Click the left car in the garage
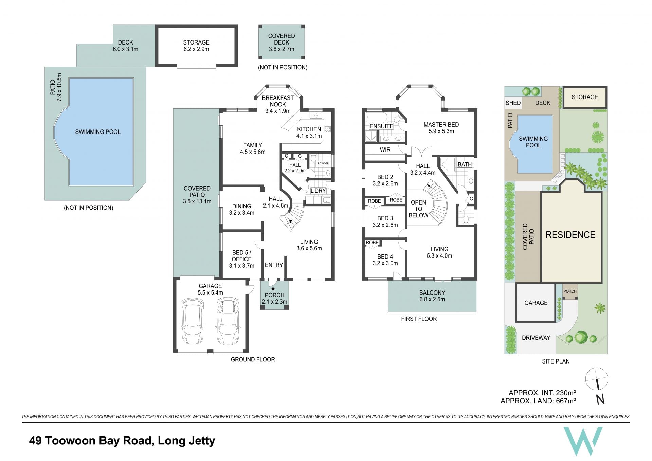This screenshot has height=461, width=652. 193,321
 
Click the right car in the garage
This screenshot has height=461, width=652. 228,321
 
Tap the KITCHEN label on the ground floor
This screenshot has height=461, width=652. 309,129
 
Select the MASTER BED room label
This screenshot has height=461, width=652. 441,125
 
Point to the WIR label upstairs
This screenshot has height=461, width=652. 385,150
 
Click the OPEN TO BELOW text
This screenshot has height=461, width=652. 418,209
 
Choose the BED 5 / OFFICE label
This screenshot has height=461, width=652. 241,256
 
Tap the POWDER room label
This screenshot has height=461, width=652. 323,163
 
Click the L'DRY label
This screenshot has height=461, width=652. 318,191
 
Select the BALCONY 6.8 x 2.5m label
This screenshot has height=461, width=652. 432,296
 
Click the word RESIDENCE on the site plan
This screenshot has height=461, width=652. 570,235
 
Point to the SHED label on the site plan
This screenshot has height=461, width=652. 513,103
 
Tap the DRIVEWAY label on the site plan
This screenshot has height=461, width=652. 536,338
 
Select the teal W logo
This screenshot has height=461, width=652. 583,441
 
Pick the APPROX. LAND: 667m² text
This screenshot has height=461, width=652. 538,401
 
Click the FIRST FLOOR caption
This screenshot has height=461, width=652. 419,319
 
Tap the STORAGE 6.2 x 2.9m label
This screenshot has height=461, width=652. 196,46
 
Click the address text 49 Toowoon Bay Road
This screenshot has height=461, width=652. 90,441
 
